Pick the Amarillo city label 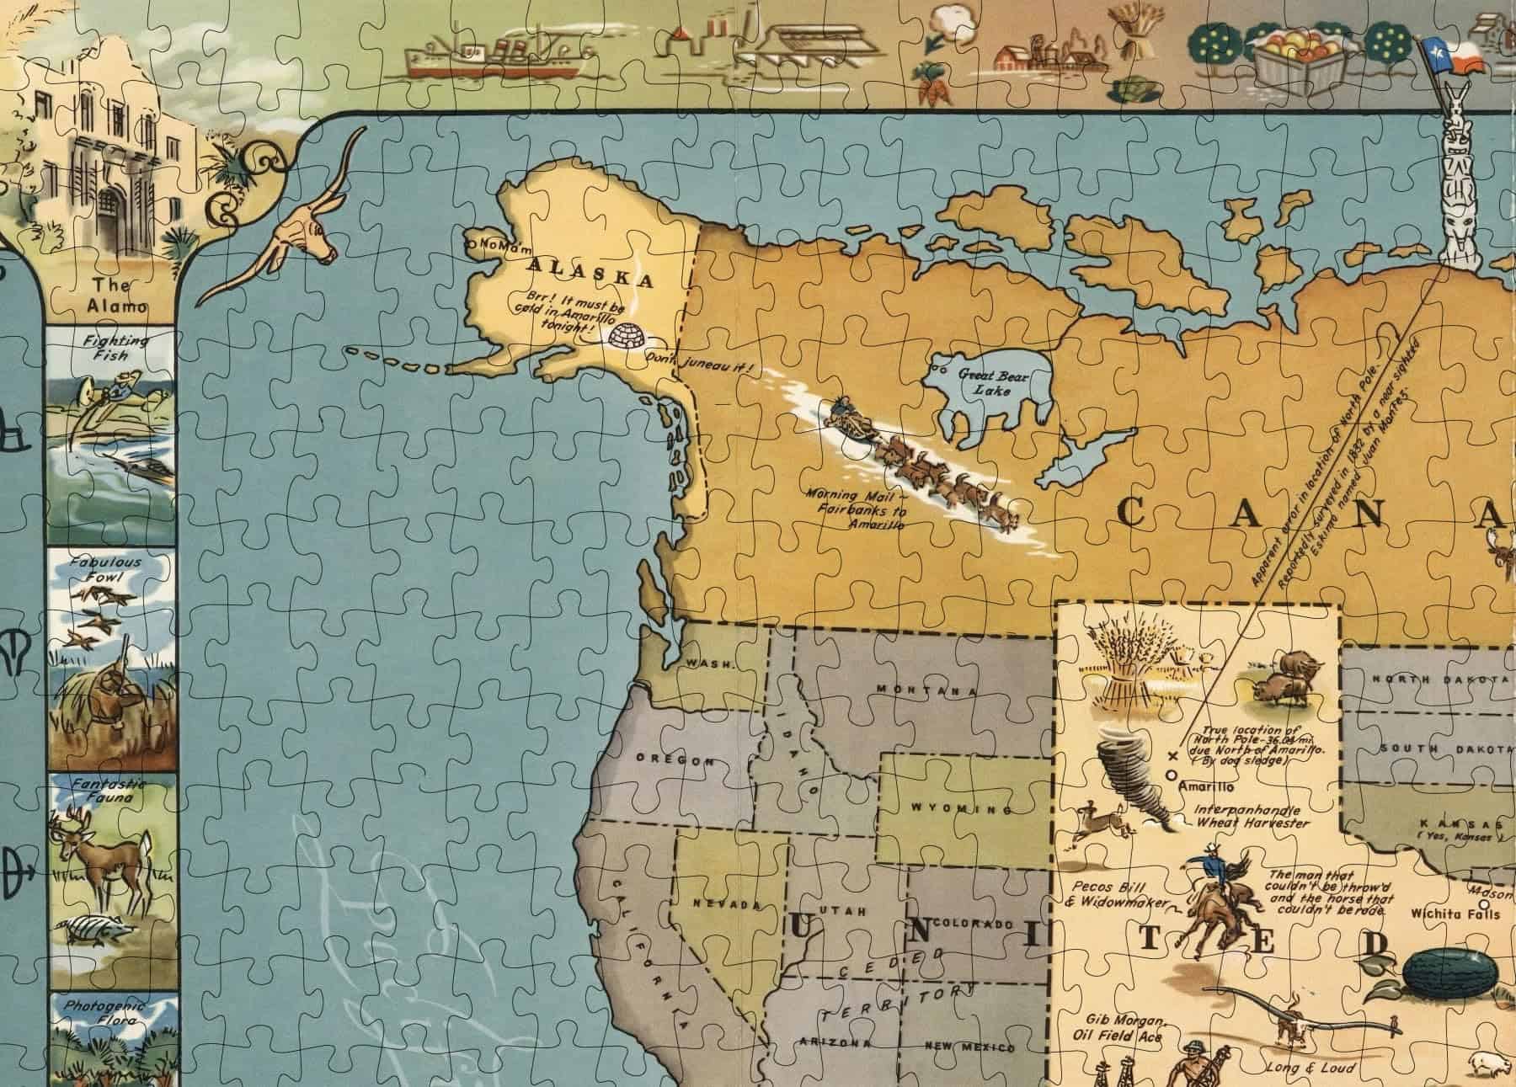pos(1206,787)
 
